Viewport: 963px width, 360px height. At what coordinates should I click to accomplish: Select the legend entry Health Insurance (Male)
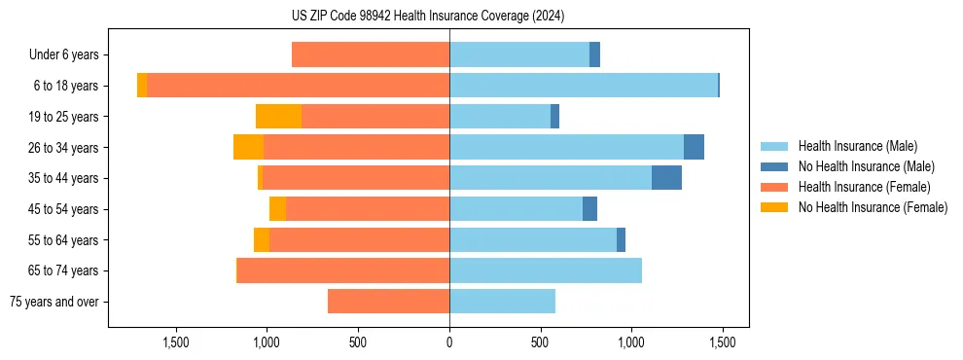[857, 146]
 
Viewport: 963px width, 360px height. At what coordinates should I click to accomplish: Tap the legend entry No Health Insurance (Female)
[873, 207]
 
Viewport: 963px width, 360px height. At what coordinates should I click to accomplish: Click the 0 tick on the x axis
[448, 342]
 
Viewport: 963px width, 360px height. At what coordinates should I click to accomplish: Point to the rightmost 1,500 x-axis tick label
[722, 342]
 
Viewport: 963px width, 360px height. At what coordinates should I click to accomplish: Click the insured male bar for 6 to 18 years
[584, 86]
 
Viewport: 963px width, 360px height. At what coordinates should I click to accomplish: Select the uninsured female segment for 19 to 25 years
[278, 117]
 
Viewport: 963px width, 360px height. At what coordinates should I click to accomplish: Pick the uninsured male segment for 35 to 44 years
[666, 178]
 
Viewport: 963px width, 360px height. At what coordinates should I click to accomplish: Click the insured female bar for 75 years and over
[388, 302]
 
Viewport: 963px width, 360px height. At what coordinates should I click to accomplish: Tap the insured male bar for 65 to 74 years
[545, 270]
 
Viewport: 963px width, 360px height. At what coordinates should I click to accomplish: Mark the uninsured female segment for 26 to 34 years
[248, 147]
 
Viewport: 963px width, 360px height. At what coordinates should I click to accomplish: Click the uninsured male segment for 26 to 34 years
[694, 147]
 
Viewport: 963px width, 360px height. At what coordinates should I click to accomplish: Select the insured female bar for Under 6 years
[371, 55]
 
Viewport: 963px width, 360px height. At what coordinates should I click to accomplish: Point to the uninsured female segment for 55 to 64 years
[262, 239]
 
